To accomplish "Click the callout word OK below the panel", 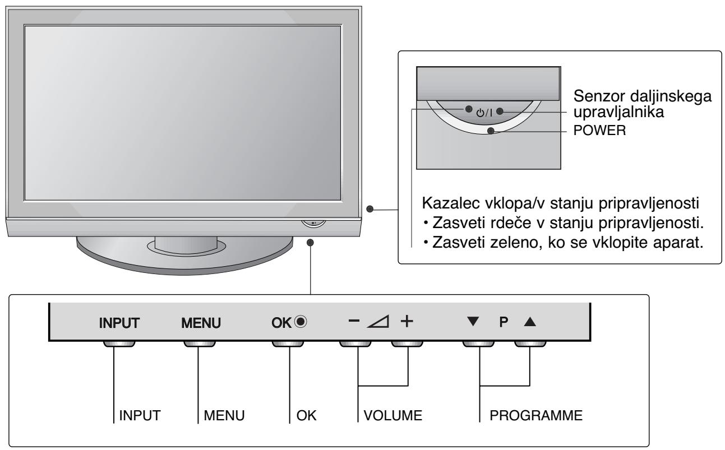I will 306,417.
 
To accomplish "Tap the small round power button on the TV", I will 314,222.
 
